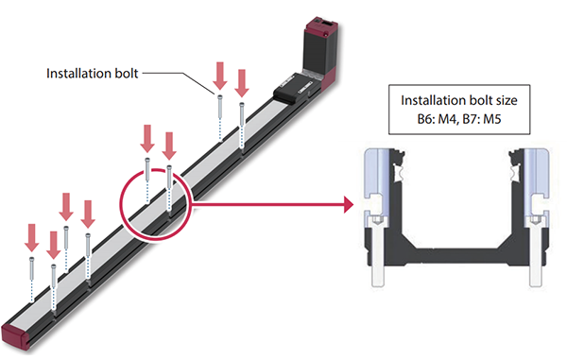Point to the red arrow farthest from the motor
(x=31, y=237)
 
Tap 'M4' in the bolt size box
(x=448, y=120)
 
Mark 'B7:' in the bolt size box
(x=477, y=120)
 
